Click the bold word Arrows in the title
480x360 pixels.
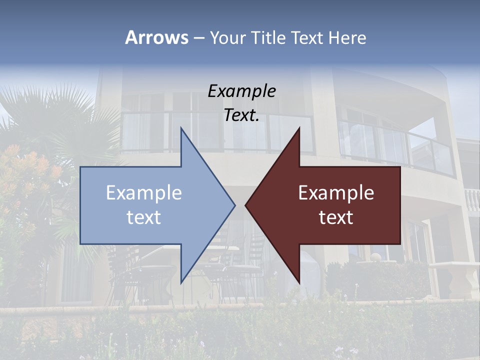pos(156,37)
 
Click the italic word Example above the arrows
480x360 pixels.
pos(241,91)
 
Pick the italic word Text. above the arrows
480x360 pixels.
pos(241,115)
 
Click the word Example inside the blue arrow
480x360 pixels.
pos(144,192)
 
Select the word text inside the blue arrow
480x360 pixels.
pos(144,217)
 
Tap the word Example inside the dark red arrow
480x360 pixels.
pos(336,192)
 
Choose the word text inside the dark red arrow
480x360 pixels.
pos(336,217)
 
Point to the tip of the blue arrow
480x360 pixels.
pos(234,205)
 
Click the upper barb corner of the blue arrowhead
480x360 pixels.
pos(181,128)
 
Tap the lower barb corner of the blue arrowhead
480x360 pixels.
pos(181,283)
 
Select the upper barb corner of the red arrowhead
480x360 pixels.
pos(299,128)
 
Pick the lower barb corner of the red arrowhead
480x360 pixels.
pos(299,283)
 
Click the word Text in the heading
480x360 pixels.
pos(307,37)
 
